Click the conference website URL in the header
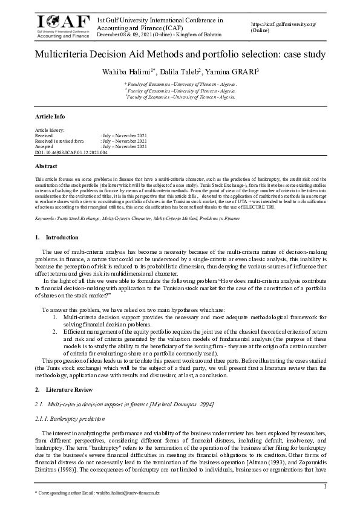pos(283,24)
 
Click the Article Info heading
pos(50,117)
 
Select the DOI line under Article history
pos(71,152)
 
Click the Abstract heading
pos(47,166)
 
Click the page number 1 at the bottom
pos(325,487)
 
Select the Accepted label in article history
pos(46,146)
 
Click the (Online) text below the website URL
pos(260,30)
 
